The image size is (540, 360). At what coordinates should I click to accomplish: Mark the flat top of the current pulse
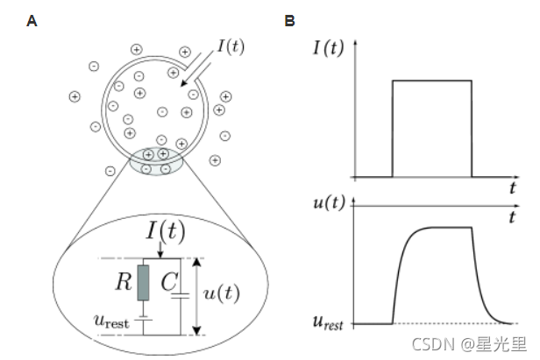tap(431, 81)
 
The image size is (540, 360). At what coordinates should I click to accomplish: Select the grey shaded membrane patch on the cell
tap(155, 161)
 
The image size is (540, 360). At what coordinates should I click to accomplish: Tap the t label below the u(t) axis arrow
tap(511, 215)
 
